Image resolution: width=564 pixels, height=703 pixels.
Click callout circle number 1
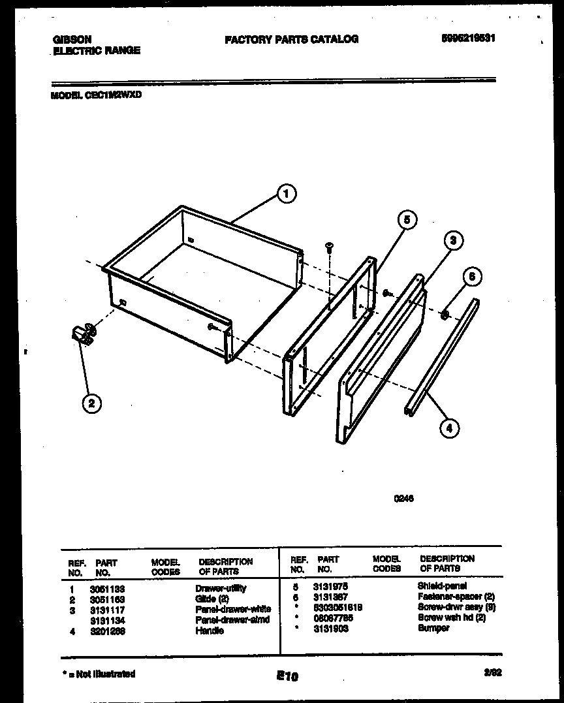coord(285,193)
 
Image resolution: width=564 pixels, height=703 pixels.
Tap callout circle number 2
coord(91,403)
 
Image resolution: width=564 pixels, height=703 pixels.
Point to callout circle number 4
coord(449,428)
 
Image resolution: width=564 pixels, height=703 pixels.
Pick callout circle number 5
coord(406,221)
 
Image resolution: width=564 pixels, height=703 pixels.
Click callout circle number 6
coord(472,277)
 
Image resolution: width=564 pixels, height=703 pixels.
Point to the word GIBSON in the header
coord(72,39)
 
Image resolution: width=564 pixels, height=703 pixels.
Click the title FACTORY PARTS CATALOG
coord(291,39)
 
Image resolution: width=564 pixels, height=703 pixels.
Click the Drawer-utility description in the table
coord(221,588)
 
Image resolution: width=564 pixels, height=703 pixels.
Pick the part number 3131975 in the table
coord(330,586)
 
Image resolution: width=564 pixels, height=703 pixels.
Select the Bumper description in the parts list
coord(433,628)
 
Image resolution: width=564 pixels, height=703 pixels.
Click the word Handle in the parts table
coord(209,631)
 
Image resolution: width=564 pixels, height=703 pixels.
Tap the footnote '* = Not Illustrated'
coord(99,674)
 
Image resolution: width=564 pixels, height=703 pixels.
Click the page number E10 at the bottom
coord(287,677)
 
